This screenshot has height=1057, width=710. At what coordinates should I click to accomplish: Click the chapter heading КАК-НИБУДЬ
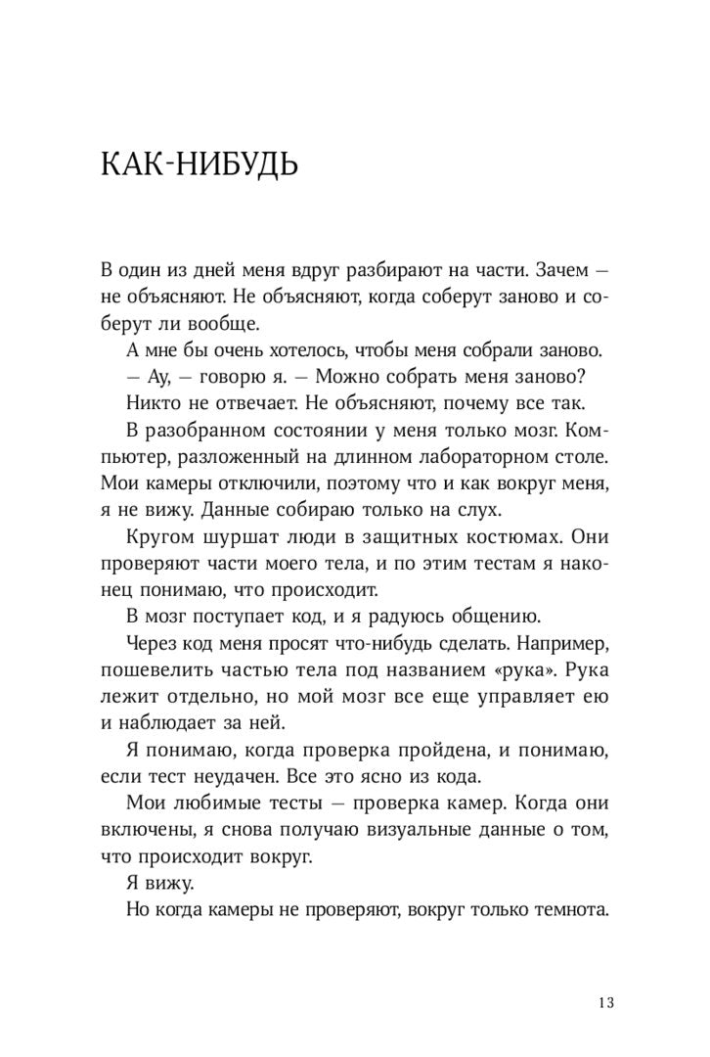click(x=200, y=163)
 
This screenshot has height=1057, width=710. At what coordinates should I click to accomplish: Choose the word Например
click(x=556, y=643)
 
